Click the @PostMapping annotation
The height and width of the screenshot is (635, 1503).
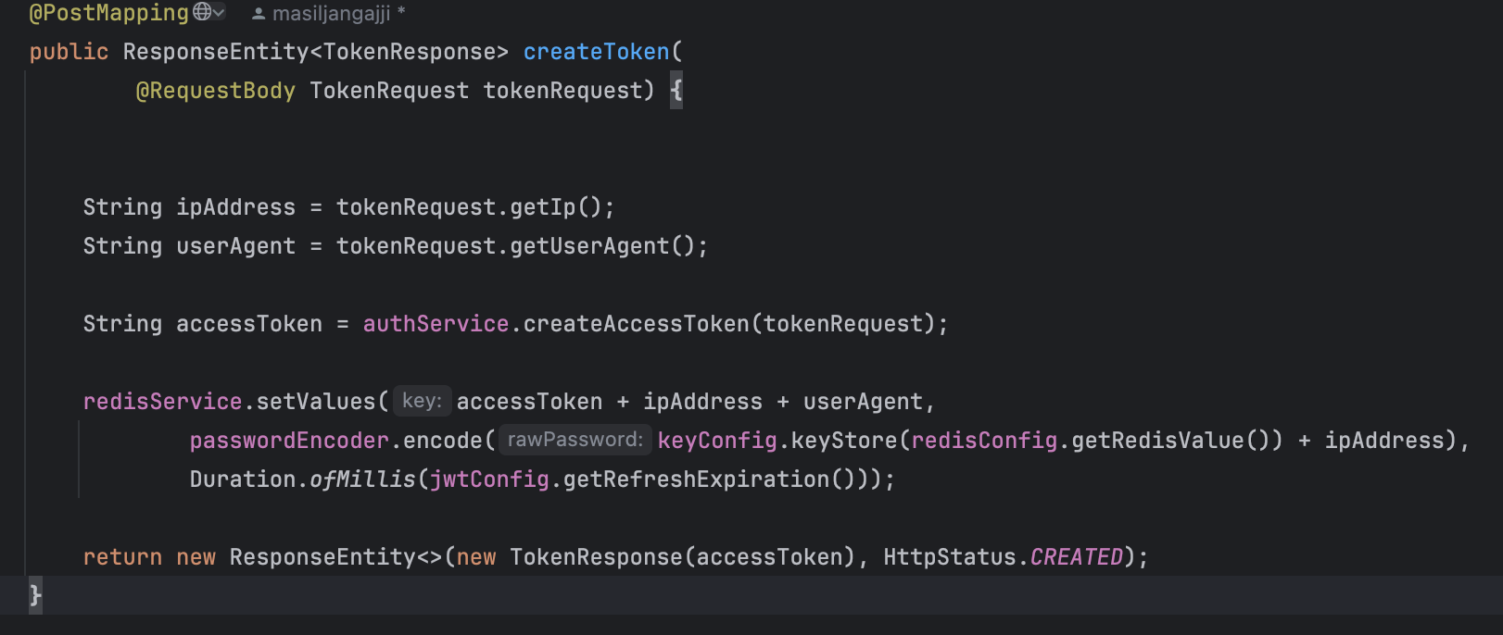pos(108,13)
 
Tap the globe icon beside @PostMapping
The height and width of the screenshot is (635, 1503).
pos(202,12)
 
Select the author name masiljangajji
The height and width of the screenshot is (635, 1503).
pos(331,14)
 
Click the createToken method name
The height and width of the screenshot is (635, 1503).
pos(596,52)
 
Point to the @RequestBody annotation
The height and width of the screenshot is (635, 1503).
pos(215,91)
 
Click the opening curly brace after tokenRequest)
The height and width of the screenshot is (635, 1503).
pos(676,91)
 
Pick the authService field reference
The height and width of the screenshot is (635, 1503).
pos(436,324)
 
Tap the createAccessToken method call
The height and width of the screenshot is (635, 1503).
pos(636,324)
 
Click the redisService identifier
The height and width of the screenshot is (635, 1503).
pos(162,402)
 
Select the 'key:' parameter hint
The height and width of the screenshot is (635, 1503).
pos(422,401)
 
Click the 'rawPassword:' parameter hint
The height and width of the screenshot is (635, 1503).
pos(575,440)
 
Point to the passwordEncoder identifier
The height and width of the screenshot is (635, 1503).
pos(289,441)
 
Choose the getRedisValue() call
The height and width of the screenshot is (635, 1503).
pos(1169,441)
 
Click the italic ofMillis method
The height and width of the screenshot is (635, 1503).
pos(362,479)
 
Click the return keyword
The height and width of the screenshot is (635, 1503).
pos(122,557)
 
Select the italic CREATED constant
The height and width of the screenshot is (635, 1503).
pos(1076,557)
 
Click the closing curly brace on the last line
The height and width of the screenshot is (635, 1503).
pos(35,594)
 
